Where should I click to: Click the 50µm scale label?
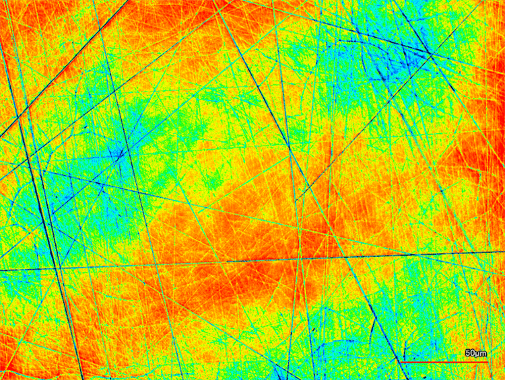point(475,353)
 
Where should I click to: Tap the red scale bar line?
point(444,362)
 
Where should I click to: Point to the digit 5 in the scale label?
point(467,353)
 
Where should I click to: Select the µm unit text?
point(481,353)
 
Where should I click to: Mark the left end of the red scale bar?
point(401,362)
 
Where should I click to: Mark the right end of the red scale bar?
point(487,362)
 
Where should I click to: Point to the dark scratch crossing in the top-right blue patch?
point(428,52)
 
